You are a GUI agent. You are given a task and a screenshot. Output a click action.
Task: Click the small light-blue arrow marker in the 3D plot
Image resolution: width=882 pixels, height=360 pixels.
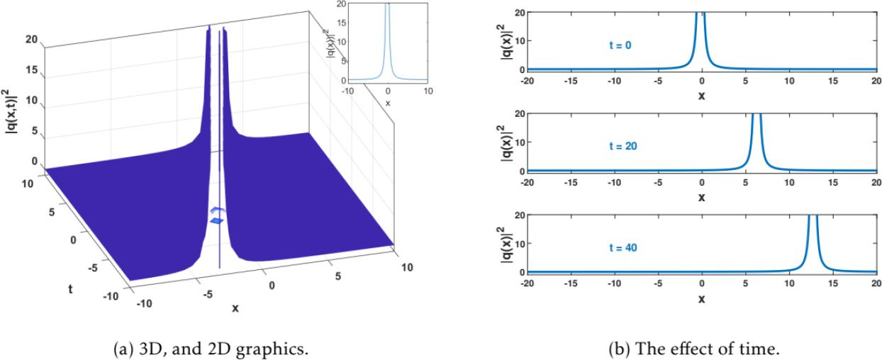pyautogui.click(x=218, y=210)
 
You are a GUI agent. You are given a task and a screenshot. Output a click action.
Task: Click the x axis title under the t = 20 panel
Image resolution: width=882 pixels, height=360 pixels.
pyautogui.click(x=701, y=196)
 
